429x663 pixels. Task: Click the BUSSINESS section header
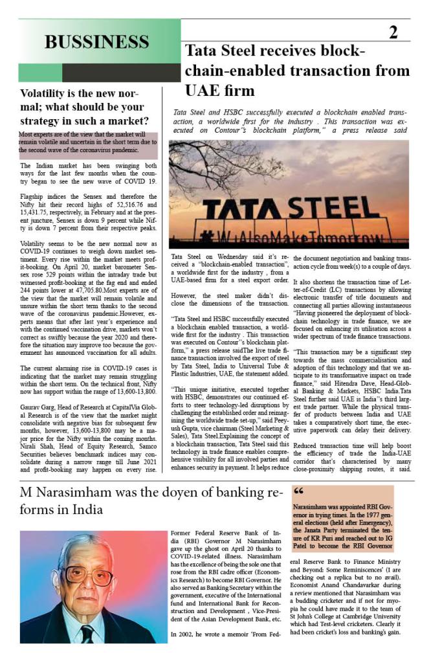pos(96,42)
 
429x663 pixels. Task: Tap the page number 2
pos(393,33)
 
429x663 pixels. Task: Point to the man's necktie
pos(87,633)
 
